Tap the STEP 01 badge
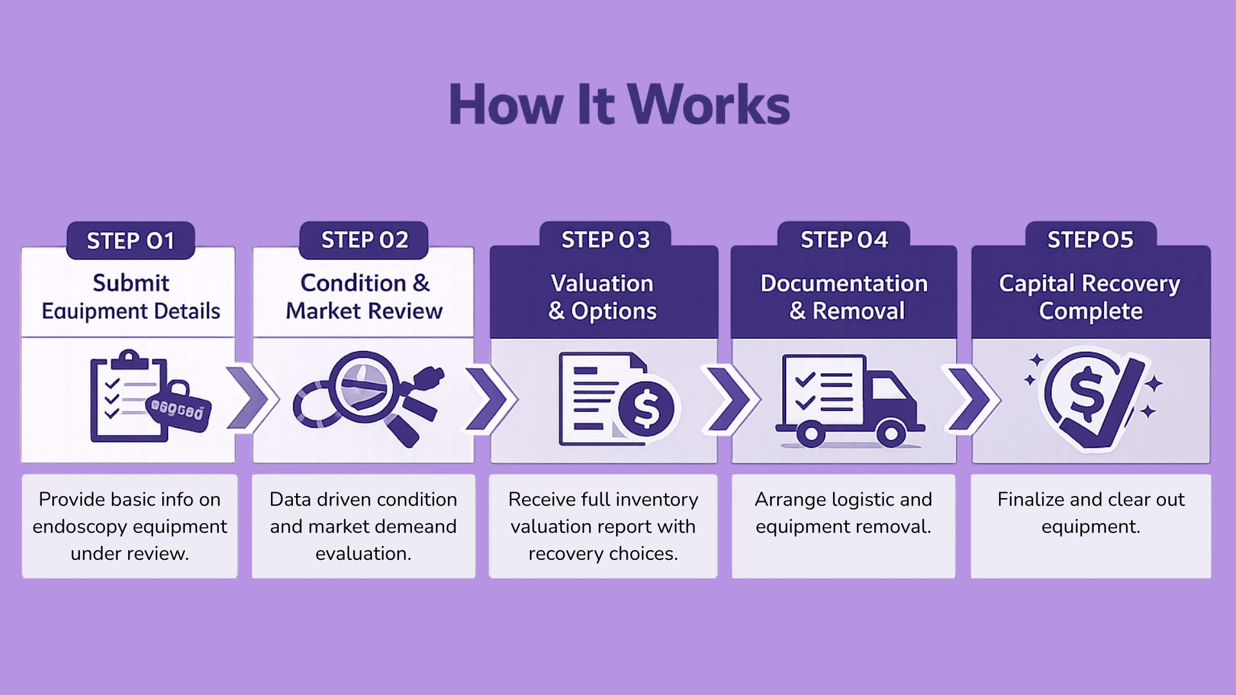pos(131,241)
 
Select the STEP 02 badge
pos(364,240)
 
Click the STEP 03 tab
pos(606,239)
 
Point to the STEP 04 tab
pos(844,239)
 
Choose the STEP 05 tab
pos(1091,239)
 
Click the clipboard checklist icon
pos(129,397)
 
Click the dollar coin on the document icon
pos(646,409)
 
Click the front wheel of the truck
pos(891,434)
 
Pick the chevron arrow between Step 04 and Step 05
pos(971,399)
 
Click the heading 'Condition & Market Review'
pos(364,297)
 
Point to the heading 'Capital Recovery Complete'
pos(1090,297)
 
